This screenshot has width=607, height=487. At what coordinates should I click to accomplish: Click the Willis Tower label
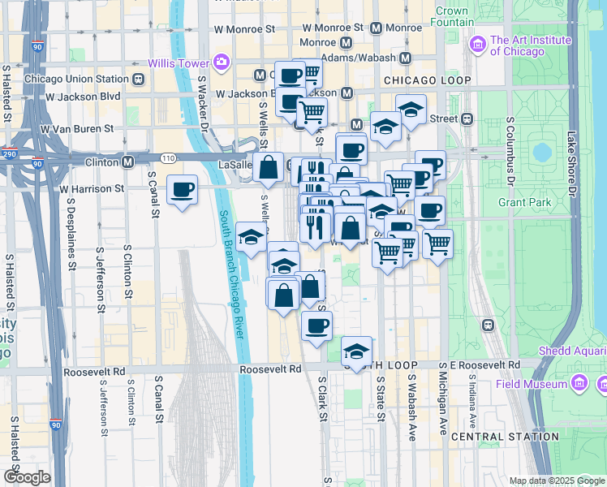[179, 62]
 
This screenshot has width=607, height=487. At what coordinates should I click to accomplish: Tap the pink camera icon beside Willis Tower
[221, 62]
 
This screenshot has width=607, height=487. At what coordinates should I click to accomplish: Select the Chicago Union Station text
[76, 79]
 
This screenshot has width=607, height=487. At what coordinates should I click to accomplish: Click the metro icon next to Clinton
[128, 162]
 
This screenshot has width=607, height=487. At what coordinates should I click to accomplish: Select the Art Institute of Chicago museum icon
[478, 42]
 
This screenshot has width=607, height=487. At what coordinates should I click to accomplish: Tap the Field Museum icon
[579, 382]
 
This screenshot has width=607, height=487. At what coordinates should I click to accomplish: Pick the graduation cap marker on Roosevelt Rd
[356, 351]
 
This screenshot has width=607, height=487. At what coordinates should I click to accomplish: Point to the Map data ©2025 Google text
[556, 481]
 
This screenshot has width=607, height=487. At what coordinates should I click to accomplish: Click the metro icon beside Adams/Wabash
[405, 58]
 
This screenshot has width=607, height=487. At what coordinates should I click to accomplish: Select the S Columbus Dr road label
[510, 150]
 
